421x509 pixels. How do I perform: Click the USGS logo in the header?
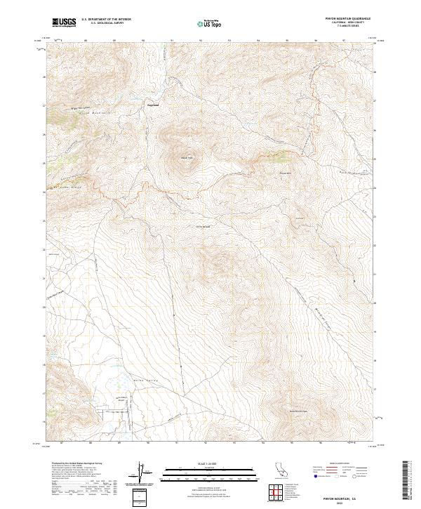click(x=64, y=22)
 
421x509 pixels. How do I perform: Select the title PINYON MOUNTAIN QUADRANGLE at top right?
click(x=347, y=18)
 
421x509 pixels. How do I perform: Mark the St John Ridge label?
click(x=67, y=188)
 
